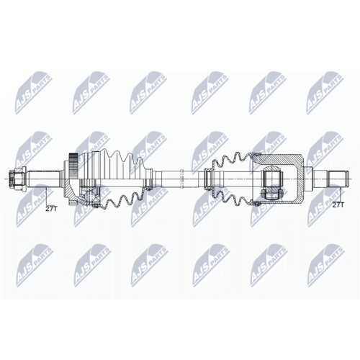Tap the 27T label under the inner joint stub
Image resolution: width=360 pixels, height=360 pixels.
coord(338,204)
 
